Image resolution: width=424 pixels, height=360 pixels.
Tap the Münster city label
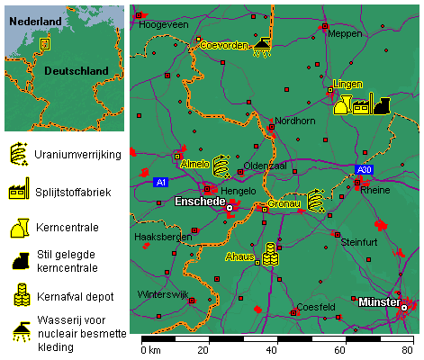tap(378, 302)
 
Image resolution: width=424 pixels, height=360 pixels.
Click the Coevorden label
tap(223, 44)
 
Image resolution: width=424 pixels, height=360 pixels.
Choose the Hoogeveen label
tap(161, 24)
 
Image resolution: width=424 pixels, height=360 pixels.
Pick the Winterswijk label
tap(163, 294)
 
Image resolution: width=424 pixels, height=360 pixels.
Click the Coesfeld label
tap(315, 307)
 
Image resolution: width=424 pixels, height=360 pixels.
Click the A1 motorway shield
tap(161, 183)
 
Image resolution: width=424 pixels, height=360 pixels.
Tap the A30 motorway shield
tap(363, 169)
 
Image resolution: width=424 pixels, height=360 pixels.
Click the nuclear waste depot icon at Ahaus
tap(270, 254)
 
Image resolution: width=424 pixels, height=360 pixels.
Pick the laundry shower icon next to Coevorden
tap(263, 45)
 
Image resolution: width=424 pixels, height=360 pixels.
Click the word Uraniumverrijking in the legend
tap(77, 155)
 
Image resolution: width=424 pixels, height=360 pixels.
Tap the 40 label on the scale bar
tap(270, 350)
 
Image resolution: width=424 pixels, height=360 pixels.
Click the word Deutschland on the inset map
tap(76, 71)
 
